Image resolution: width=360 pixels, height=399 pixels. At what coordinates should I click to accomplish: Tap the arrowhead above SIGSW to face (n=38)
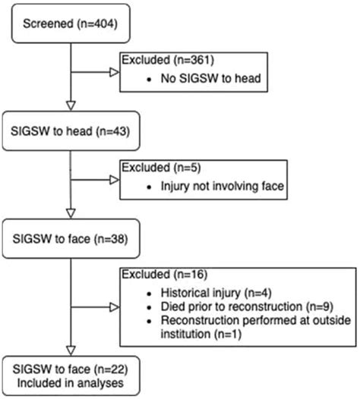click(70, 212)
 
